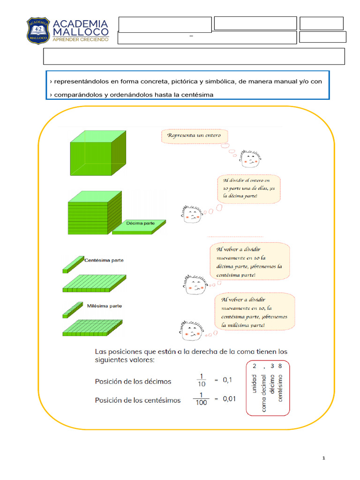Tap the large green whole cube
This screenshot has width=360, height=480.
pos(97,153)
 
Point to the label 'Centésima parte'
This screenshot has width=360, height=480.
pos(104,260)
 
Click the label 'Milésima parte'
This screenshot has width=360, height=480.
pos(104,306)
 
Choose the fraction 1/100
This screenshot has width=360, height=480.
pos(201,399)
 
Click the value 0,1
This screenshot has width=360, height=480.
pos(227,381)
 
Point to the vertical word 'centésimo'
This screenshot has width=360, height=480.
pos(280,388)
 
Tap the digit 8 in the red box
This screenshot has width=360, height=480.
pos(280,366)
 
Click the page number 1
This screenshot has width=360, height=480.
pos(323,458)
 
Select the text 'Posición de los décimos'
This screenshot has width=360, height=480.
pos(133,381)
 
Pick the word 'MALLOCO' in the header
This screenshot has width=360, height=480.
pos(81,32)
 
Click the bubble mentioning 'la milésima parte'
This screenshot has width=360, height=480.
pos(255,312)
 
